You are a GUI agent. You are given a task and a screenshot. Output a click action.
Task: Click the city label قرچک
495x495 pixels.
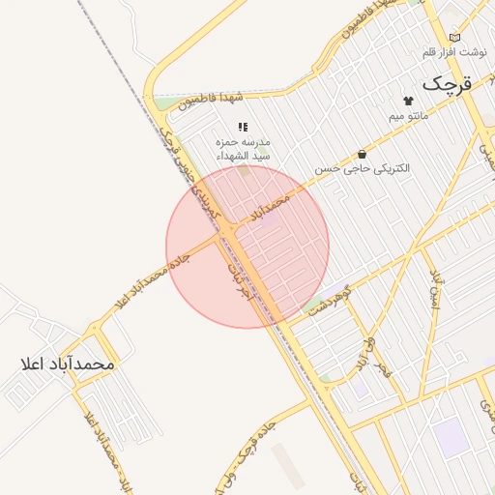click(448, 83)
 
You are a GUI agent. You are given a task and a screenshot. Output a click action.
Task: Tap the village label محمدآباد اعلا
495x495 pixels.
click(67, 364)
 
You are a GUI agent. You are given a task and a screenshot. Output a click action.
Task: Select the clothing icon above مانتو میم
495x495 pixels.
click(407, 100)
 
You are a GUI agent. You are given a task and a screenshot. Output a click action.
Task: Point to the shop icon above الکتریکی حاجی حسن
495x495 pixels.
click(362, 153)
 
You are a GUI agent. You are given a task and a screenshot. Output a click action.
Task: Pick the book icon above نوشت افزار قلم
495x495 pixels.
click(455, 37)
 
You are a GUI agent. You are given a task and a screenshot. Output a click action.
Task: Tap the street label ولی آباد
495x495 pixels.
click(362, 353)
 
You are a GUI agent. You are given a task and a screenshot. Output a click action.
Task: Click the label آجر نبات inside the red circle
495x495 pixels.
click(240, 280)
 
